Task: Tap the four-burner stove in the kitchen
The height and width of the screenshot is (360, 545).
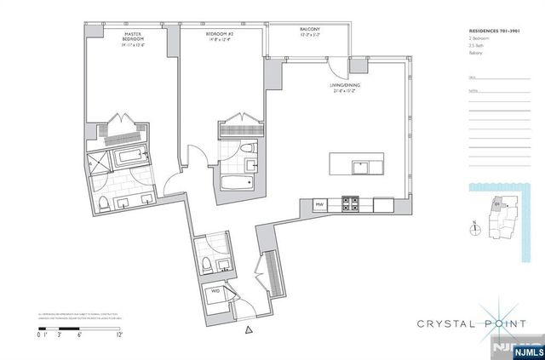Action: coord(349,204)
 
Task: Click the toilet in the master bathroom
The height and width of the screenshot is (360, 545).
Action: coord(100,203)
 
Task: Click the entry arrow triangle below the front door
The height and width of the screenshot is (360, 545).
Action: coord(248,331)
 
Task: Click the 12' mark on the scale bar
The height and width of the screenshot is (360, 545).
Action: coord(119,336)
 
